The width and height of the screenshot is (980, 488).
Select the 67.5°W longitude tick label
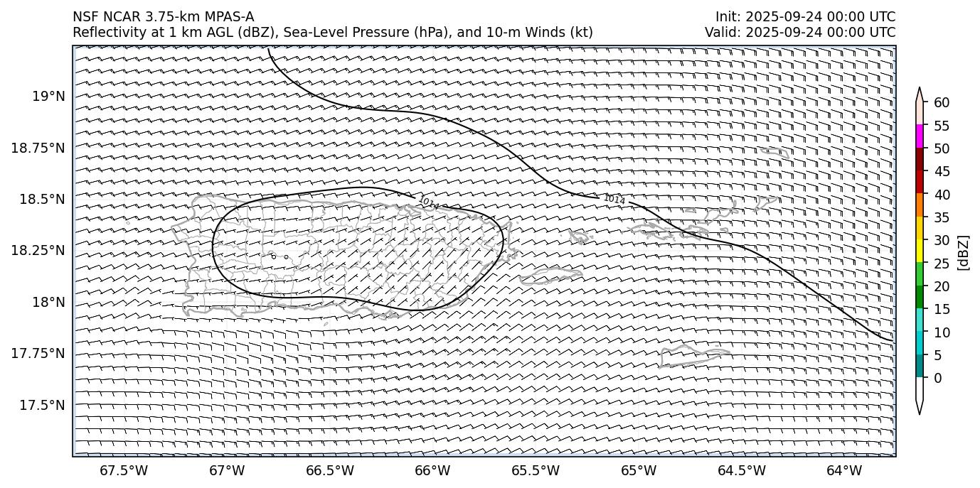(x=124, y=470)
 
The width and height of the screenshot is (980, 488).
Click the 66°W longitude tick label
(x=432, y=470)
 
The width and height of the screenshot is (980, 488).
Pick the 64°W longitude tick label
(x=844, y=470)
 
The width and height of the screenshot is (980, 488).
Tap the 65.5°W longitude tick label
(x=536, y=470)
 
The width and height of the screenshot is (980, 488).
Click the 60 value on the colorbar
(x=942, y=103)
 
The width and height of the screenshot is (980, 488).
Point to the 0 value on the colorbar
(x=938, y=378)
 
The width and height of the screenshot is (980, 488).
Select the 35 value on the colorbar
(x=942, y=217)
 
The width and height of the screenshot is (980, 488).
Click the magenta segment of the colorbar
(x=920, y=136)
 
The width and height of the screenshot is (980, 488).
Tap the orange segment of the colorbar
(x=920, y=205)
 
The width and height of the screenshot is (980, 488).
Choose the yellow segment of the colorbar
(x=920, y=251)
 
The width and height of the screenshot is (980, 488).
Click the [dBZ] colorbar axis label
(x=964, y=252)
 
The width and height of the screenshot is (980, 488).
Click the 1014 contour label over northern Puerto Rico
(x=429, y=203)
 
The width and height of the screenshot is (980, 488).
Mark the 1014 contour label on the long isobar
(x=614, y=200)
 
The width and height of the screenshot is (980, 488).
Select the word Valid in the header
(x=720, y=32)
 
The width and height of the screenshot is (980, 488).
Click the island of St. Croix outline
(x=685, y=355)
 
